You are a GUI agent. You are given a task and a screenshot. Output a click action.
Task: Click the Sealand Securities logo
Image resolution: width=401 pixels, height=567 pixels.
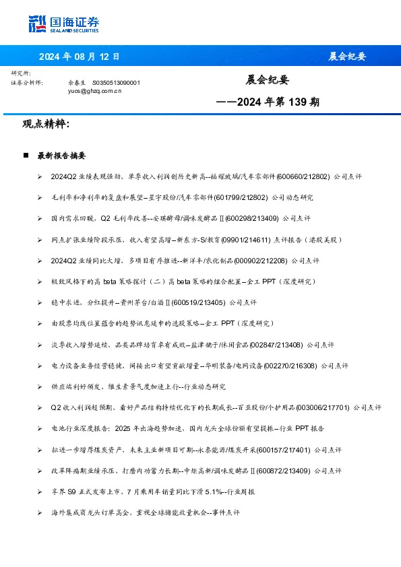[63, 24]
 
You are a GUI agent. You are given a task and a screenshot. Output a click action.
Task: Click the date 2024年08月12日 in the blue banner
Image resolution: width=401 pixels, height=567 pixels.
[79, 57]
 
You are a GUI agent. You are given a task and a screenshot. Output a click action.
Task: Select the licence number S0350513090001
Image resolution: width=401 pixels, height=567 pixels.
[116, 82]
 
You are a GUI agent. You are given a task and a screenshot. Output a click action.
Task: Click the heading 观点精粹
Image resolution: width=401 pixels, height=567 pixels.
[46, 124]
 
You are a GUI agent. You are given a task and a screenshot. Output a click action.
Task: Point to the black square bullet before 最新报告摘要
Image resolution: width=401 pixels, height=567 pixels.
[26, 155]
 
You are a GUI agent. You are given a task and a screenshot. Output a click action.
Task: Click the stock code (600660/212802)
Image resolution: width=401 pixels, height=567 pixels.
[303, 176]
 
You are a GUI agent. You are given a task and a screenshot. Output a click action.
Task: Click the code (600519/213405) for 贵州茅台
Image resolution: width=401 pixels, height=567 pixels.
[199, 302]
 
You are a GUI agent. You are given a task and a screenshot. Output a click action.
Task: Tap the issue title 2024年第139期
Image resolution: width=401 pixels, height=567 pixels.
[268, 103]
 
